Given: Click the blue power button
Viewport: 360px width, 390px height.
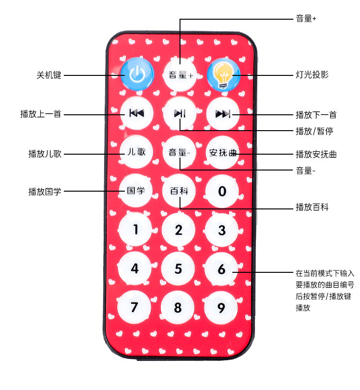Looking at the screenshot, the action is click(x=137, y=74).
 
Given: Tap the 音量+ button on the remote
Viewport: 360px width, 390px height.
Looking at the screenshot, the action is click(x=180, y=75).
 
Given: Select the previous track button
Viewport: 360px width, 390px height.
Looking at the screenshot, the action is click(x=136, y=113).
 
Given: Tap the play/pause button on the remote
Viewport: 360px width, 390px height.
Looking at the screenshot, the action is click(x=180, y=113).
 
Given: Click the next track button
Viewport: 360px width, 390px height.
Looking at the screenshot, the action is click(x=223, y=114).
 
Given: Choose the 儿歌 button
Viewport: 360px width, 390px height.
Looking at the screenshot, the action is click(x=136, y=152).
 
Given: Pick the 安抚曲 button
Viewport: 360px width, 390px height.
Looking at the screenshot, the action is click(x=223, y=153).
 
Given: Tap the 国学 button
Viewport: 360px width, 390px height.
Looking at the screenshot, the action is click(x=136, y=191).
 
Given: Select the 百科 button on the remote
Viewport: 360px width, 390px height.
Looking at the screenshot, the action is click(x=179, y=191).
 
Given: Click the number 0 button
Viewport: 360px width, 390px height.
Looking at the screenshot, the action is click(x=222, y=191).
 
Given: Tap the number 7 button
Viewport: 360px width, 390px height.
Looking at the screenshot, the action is click(x=135, y=307).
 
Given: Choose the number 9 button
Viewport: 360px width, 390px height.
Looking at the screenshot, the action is click(x=221, y=307).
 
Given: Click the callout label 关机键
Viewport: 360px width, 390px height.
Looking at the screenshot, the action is click(x=49, y=75).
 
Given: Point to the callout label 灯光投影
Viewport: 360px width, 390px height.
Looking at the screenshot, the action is click(x=312, y=75).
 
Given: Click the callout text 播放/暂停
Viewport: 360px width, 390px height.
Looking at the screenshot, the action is click(x=315, y=131).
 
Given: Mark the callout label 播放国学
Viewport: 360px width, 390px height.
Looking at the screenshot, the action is click(x=45, y=191).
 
